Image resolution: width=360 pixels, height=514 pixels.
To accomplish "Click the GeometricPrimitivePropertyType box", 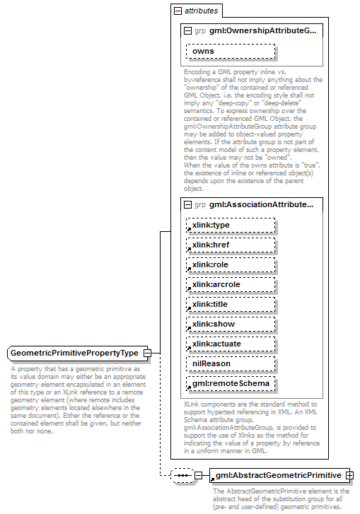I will (x=74, y=353).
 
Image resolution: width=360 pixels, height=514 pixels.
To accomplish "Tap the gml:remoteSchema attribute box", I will (x=230, y=384).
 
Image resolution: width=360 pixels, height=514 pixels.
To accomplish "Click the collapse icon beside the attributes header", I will (x=178, y=11).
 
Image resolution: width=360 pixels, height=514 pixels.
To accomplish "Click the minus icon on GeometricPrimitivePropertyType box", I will (x=147, y=353).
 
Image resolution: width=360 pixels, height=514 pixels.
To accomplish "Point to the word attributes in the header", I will (x=201, y=11).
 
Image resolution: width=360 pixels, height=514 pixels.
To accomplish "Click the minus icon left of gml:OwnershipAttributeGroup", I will (x=188, y=31).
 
